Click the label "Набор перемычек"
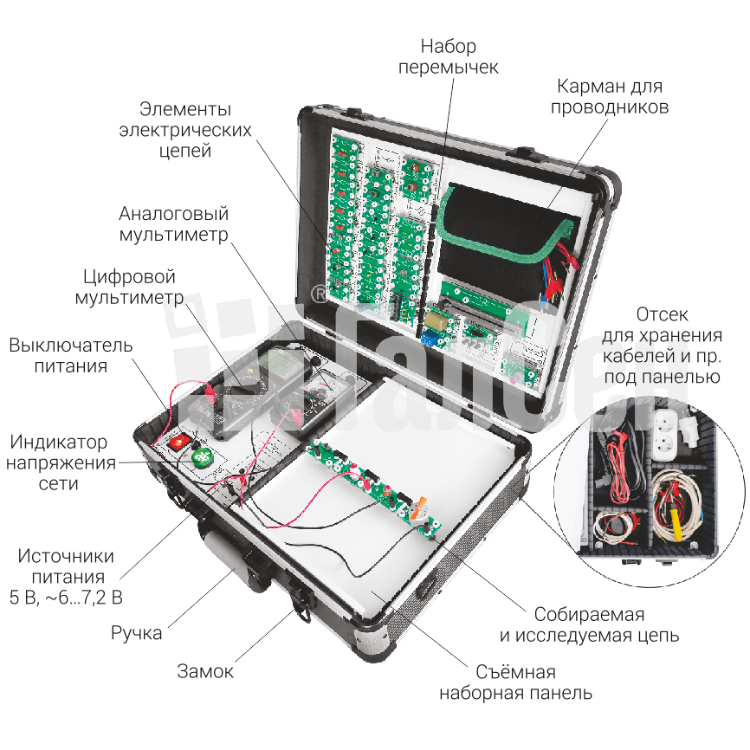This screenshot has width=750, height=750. coord(448,56)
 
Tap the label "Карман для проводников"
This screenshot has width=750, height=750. coord(610,96)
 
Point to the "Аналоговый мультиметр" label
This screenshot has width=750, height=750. coord(173,223)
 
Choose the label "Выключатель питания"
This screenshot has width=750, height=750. coord(71,355)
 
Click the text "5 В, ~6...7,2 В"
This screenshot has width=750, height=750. coord(66,598)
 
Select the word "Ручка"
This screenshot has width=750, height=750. coord(136,633)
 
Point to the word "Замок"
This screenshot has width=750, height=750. coord(205,671)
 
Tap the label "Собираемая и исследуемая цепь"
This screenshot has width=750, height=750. coord(589,625)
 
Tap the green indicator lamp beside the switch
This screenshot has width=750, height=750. coord(201,456)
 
